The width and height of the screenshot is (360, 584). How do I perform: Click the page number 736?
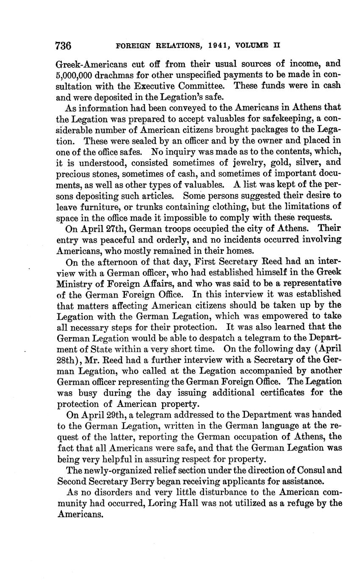tap(64, 45)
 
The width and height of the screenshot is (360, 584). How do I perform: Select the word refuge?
tap(301, 504)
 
